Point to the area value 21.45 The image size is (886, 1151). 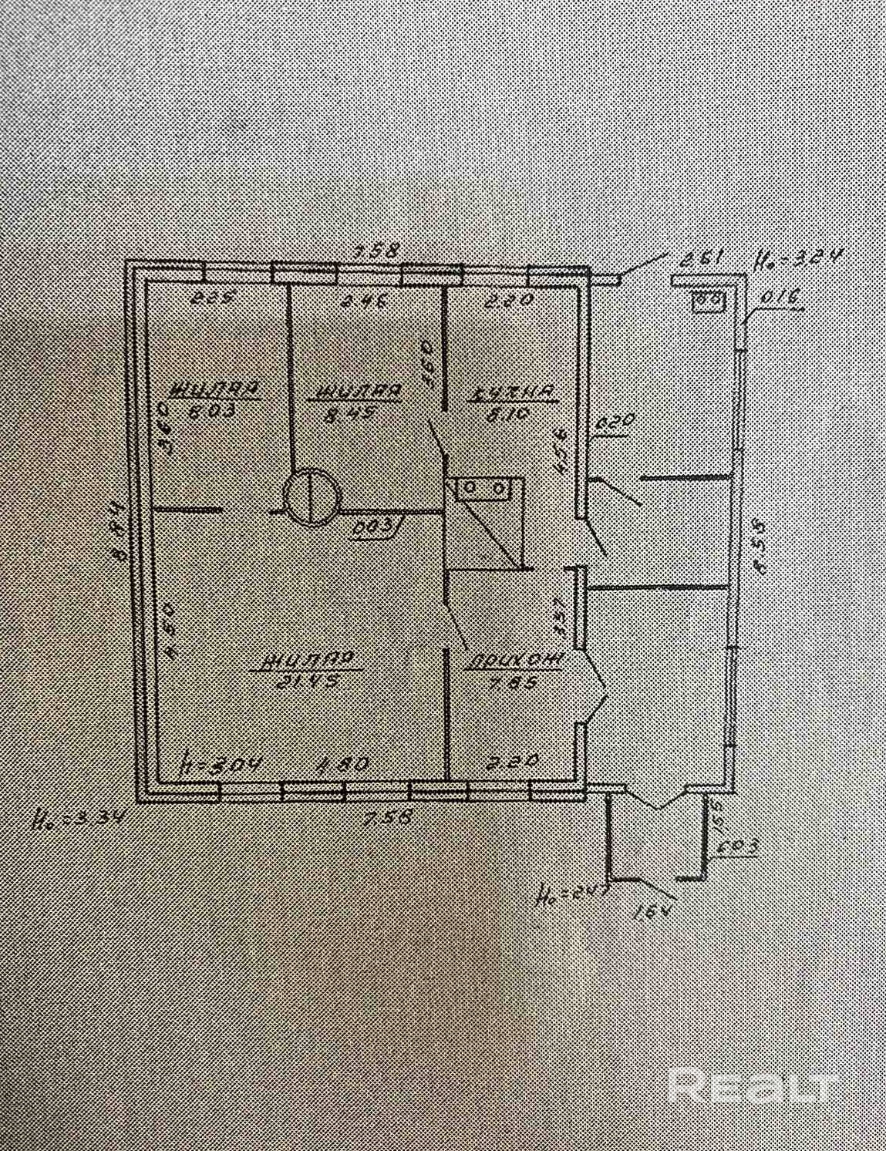[x=307, y=682]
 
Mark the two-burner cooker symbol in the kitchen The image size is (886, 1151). [x=486, y=489]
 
